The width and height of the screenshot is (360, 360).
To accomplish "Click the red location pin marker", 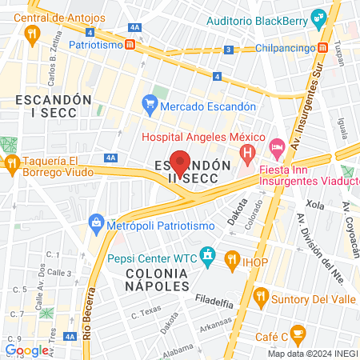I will (181, 162).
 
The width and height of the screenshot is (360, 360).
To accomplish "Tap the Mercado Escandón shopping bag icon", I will (150, 103).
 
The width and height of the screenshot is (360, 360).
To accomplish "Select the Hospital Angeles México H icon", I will (249, 150).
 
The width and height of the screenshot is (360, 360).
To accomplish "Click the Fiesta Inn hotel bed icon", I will (277, 146).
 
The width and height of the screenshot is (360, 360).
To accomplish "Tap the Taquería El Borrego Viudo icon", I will (12, 165).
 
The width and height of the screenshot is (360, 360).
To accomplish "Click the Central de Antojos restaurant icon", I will (32, 33).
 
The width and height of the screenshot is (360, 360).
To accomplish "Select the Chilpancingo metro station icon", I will (322, 48).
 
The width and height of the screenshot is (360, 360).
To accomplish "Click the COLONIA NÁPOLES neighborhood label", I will (146, 279).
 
